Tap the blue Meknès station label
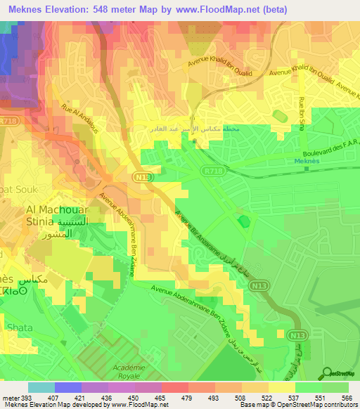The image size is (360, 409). [x=307, y=160]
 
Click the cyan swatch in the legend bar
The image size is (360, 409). [x=41, y=387]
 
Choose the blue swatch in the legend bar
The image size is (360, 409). [x=68, y=387]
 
